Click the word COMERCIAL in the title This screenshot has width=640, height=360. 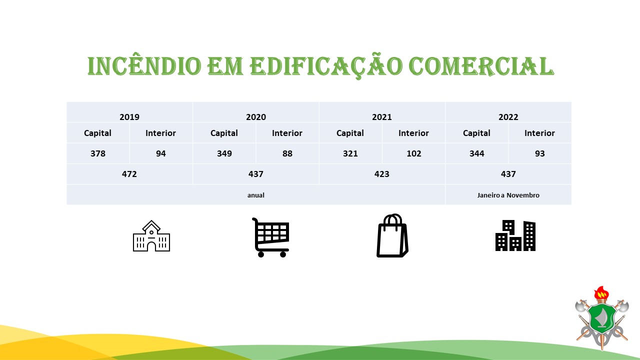pos(481,66)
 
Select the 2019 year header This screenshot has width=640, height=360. pos(129,117)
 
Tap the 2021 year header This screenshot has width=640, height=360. pos(381,117)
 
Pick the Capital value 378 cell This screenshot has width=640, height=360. pos(98,153)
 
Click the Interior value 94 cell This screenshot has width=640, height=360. pos(161,153)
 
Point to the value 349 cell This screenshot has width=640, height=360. pos(224,153)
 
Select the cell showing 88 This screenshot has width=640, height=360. pos(287,153)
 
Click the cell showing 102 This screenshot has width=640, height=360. pos(413,153)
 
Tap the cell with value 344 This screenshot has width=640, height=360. pos(477,153)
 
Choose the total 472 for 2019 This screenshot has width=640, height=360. pos(129,174)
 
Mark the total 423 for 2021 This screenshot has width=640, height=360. pos(381,174)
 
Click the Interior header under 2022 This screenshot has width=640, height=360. pos(539,133)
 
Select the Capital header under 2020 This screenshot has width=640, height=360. pos(224,133)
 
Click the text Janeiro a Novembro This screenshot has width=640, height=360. pos(508,195)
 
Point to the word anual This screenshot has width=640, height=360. pos(255,195)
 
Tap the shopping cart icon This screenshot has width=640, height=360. pos(270,237)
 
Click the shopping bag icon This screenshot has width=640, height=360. pos(392,235)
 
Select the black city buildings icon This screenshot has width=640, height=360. pos(515,235)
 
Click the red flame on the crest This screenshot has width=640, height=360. pos(601,292)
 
